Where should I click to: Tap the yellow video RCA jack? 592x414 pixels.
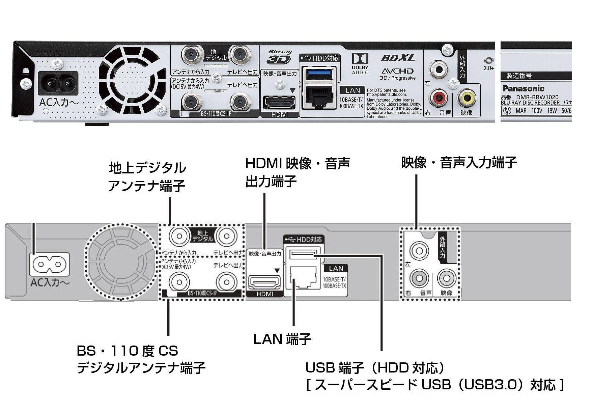467,98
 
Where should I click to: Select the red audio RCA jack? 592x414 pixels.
439,98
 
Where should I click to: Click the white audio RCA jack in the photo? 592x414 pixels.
439,70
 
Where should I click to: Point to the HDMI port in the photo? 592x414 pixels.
279,102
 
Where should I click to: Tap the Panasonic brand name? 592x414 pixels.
523,89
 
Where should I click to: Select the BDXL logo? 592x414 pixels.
398,58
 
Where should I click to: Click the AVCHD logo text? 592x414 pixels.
397,71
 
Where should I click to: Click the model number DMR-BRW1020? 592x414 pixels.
539,97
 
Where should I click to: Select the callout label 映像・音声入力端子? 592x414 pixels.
459,163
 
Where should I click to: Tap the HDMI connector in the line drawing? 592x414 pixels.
265,282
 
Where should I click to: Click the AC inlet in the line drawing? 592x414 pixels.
50,264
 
